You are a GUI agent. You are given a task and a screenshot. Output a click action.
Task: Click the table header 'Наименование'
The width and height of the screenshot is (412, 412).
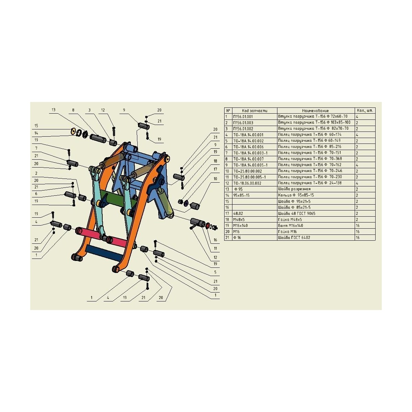point(316,111)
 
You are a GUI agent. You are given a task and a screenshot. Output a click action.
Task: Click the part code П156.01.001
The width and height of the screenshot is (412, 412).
point(243,117)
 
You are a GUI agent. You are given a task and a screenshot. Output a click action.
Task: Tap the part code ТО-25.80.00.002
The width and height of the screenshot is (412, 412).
point(248,171)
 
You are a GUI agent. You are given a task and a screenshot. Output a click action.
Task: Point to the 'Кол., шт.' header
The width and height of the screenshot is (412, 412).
point(365,111)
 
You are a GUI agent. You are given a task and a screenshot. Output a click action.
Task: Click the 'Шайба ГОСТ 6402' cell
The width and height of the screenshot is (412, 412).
point(294,237)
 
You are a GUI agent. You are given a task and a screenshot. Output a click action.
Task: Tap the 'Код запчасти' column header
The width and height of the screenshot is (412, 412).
point(255,111)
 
